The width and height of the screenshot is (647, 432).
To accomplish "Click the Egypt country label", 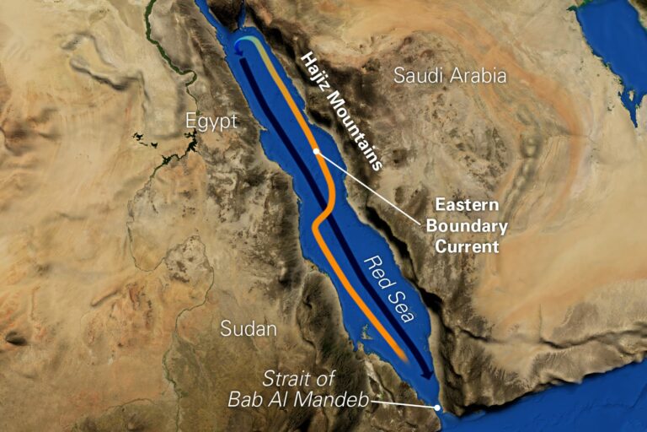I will (211, 122).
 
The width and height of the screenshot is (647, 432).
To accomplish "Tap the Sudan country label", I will (249, 329).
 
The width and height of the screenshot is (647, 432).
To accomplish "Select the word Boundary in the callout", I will (467, 226).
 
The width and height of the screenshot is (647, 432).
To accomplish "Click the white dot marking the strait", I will (438, 408).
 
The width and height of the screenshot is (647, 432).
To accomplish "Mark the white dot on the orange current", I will (316, 152).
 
